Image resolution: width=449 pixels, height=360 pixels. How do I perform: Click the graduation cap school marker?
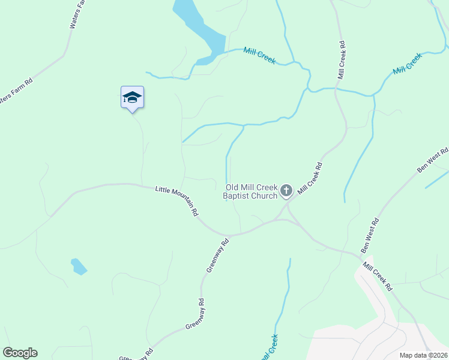click(132, 98)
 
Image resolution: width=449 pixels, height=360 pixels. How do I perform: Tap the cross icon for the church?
click(286, 191)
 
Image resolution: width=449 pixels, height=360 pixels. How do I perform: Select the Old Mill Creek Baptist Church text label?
click(251, 191)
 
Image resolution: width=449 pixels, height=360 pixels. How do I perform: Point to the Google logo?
click(20, 353)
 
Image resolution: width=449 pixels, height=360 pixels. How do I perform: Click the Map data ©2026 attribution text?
click(424, 355)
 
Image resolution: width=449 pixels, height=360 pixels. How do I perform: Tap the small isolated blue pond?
click(78, 266)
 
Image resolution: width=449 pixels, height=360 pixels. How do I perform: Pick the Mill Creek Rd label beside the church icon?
click(310, 178)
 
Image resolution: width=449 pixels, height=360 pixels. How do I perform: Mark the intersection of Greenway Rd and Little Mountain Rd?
click(228, 235)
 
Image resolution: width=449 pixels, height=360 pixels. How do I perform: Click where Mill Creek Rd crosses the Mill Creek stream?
click(337, 90)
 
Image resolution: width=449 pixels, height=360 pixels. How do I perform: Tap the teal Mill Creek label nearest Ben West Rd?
click(408, 64)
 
